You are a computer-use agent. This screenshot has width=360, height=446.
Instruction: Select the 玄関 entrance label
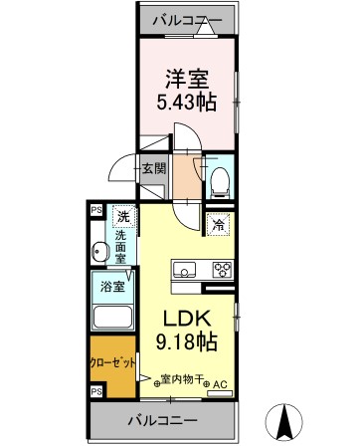(152, 168)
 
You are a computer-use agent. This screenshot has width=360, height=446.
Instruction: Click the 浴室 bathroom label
(110, 287)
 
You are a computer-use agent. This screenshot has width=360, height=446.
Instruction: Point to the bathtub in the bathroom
(111, 318)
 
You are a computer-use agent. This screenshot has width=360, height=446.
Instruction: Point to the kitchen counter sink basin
(186, 268)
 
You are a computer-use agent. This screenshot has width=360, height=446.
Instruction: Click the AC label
(220, 382)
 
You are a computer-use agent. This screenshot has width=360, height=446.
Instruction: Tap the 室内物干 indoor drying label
(180, 378)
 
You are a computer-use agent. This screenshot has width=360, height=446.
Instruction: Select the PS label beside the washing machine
(96, 210)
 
